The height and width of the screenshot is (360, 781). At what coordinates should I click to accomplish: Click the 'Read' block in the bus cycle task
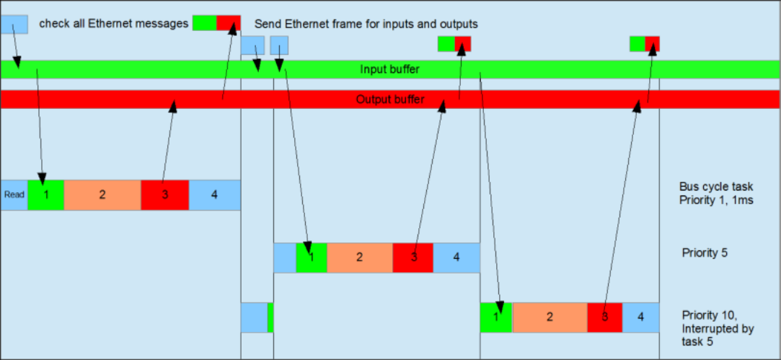click(14, 195)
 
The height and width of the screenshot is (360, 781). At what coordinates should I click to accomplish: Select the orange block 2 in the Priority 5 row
click(360, 258)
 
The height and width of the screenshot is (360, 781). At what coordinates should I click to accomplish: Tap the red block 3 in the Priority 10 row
click(604, 317)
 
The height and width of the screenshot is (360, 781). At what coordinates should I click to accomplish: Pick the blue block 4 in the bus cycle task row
click(214, 195)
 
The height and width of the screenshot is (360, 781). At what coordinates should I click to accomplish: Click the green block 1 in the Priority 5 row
click(312, 258)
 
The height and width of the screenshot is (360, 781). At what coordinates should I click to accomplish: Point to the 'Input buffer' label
click(389, 69)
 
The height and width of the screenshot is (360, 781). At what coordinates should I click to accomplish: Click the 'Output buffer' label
click(389, 100)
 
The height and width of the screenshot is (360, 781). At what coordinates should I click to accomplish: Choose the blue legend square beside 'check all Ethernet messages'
click(14, 24)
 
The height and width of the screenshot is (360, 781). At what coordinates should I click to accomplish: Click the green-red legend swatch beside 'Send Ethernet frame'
click(216, 23)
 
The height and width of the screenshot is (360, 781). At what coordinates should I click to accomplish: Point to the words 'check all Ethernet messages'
click(113, 24)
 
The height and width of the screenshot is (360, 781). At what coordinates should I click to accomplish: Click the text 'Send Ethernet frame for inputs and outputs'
click(366, 24)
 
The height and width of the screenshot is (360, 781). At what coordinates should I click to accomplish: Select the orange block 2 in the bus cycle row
click(102, 195)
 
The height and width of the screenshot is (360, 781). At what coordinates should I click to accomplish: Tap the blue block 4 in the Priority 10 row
click(641, 317)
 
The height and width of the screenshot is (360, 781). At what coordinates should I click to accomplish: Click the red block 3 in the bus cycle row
click(164, 195)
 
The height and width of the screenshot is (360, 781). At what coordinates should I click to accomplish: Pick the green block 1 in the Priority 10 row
click(496, 317)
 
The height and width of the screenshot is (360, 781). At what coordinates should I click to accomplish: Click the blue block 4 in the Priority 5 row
click(456, 258)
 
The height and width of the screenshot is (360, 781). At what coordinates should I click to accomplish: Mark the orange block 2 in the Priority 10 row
click(550, 317)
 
